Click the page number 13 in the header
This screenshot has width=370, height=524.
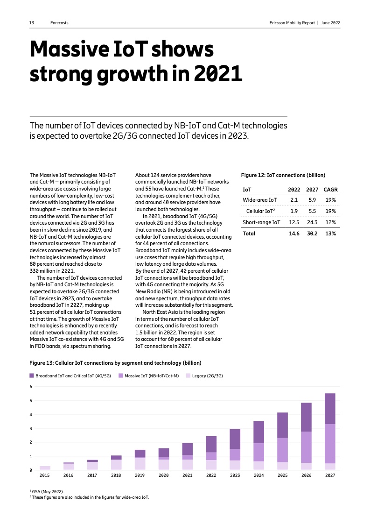point(32,23)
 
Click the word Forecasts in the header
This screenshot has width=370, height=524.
point(59,23)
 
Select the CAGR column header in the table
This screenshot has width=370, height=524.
point(330,190)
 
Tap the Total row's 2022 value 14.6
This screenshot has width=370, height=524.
point(294,234)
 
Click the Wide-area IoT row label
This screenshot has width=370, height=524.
point(259,200)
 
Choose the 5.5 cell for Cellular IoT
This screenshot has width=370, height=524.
point(312,211)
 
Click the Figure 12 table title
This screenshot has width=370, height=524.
point(283,175)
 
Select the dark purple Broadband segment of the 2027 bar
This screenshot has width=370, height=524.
point(330,409)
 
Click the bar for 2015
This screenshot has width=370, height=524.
point(45,467)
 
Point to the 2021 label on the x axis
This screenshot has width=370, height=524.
point(187,475)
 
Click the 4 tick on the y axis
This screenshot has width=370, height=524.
point(31,414)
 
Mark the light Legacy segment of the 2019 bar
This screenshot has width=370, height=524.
point(140,464)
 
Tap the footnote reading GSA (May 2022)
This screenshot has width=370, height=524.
point(48,492)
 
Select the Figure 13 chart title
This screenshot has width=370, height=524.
point(115,362)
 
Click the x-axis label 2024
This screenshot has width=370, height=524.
point(258,475)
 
